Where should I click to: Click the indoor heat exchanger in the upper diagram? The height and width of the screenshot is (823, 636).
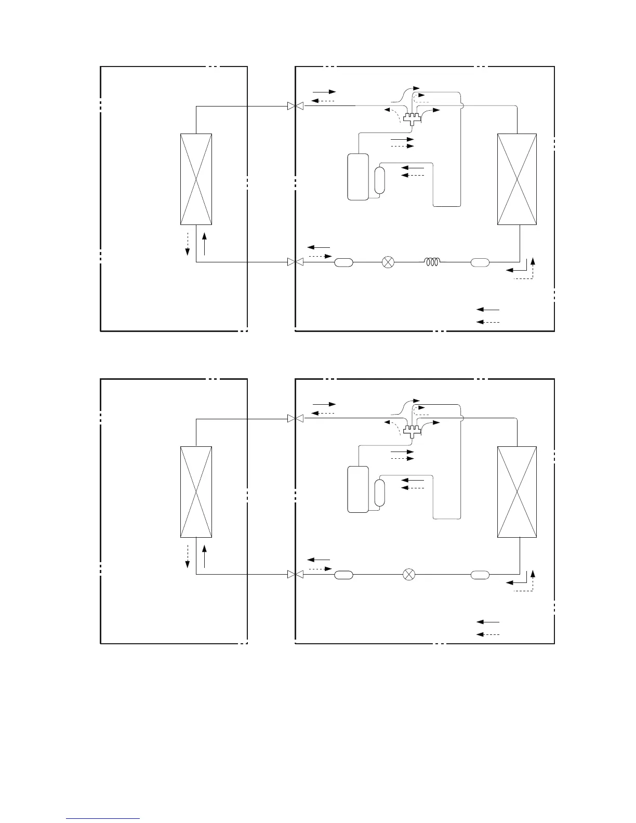[196, 179]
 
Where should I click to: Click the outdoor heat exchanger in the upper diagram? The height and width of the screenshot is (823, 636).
[516, 179]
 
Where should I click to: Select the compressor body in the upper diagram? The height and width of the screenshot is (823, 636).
[357, 177]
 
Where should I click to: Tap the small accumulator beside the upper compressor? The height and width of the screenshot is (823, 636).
[380, 180]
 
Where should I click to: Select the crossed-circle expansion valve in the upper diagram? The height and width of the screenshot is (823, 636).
[388, 262]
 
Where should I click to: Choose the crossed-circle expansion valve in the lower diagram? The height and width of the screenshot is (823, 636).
[409, 575]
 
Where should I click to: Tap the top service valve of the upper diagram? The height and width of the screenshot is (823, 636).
[295, 107]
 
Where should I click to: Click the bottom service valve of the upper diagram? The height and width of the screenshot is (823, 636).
[295, 262]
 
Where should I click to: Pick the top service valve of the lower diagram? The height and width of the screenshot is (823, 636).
[295, 419]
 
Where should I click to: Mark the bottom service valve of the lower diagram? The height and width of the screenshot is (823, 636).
[295, 575]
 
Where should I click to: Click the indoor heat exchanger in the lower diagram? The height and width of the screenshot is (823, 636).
[196, 492]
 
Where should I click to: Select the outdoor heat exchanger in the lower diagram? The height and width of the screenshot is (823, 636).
[516, 492]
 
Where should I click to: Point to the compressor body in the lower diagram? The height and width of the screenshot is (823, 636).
[357, 489]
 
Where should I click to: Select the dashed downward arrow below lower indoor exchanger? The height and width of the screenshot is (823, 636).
[187, 557]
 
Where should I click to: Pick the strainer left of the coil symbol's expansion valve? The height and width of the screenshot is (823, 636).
[343, 262]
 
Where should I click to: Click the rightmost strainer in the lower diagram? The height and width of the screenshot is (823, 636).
[480, 575]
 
